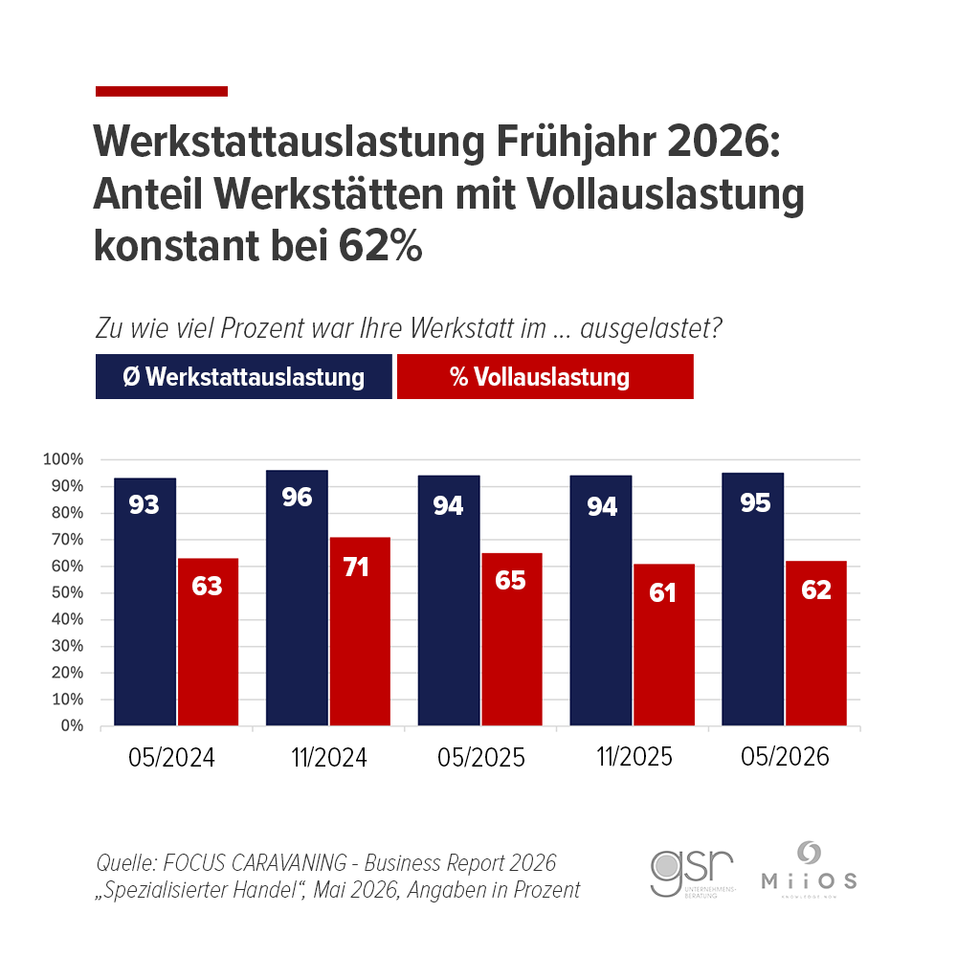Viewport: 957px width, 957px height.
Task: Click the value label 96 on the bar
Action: coord(297,498)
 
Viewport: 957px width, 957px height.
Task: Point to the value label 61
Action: coord(662,592)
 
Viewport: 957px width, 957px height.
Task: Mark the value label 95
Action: coord(755,501)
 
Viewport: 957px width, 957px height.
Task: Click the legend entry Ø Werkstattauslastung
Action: coord(244,377)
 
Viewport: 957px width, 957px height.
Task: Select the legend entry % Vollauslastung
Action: coord(545,377)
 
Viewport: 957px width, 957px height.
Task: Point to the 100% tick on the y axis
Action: coord(64,460)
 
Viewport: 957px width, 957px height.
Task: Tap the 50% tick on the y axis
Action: coord(67,593)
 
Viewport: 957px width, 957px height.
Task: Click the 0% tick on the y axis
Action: coord(73,726)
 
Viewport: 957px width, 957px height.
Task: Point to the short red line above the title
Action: coord(162,91)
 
